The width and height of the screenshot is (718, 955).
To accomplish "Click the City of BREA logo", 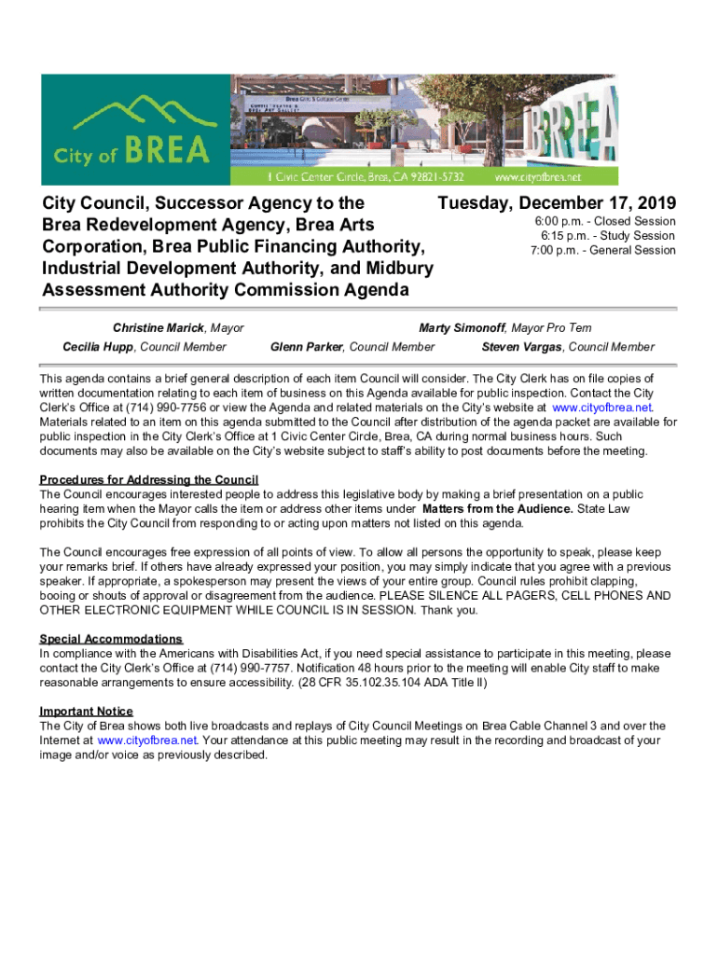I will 135,131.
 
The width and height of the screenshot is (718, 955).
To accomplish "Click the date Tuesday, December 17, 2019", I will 557,204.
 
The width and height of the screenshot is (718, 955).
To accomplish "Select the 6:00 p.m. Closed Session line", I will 604,222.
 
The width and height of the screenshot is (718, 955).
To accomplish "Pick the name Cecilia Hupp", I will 99,347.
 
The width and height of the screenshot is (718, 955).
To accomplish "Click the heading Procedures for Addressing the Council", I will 148,479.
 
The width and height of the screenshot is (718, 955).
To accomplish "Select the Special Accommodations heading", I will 111,639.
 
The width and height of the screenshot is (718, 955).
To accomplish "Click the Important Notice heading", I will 86,712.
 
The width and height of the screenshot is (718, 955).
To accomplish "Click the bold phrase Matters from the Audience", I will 497,509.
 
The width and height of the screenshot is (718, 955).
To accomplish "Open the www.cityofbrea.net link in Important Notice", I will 146,740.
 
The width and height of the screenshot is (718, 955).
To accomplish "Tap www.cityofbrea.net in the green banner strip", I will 550,176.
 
